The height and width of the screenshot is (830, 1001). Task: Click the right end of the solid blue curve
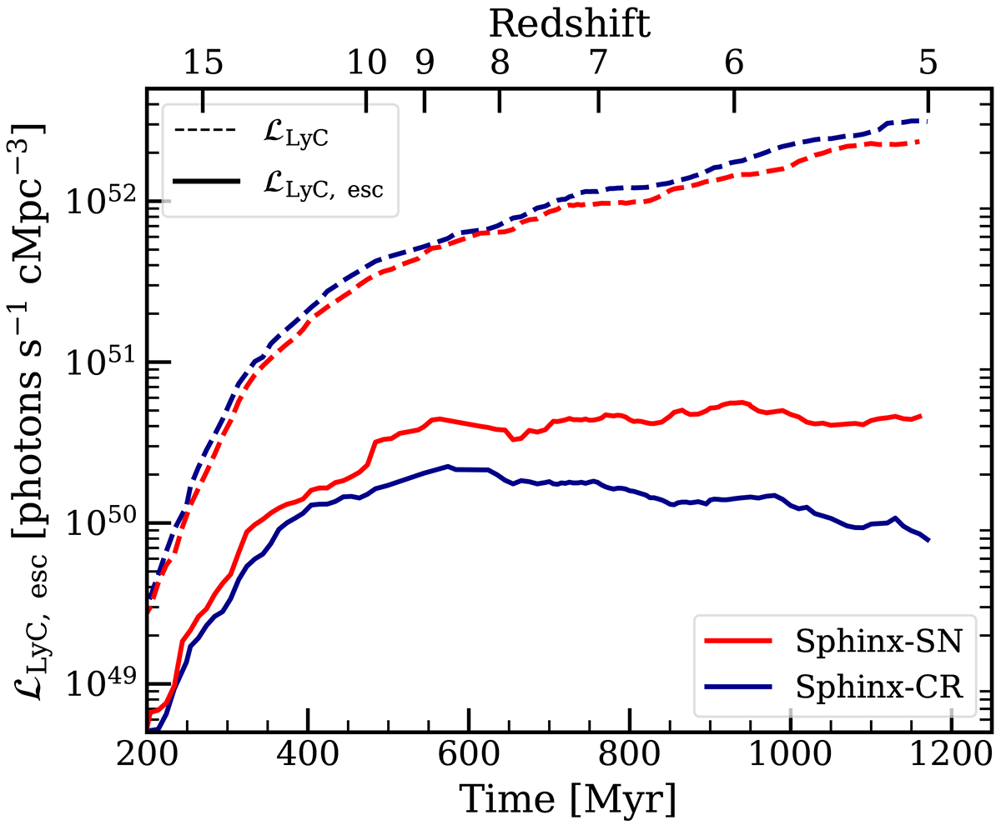click(928, 540)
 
